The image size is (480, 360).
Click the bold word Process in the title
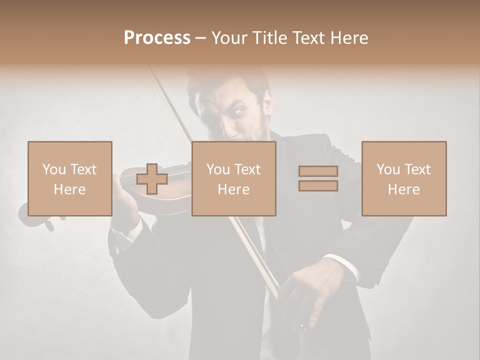[157, 38]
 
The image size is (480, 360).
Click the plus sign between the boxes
[152, 179]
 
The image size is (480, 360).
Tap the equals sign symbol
[318, 178]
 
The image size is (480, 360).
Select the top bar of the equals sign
[318, 171]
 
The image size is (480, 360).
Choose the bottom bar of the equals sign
[318, 185]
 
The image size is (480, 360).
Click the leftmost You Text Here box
[70, 178]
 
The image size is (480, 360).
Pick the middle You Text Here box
[233, 178]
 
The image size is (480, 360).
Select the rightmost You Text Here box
[403, 178]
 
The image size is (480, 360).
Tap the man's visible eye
[236, 112]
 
